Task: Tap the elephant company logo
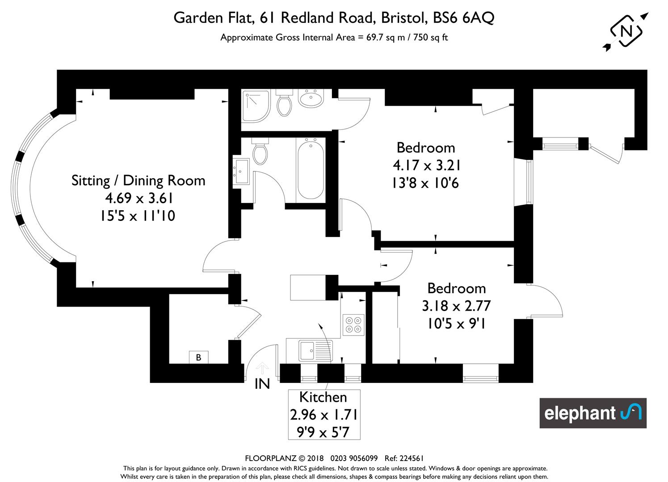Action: click(x=593, y=413)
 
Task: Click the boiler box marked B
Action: click(x=198, y=357)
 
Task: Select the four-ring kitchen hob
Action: click(x=353, y=325)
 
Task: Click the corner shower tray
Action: click(x=256, y=106)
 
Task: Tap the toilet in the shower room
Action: click(x=284, y=103)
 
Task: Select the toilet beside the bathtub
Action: click(x=260, y=151)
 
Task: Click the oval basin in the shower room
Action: click(x=311, y=98)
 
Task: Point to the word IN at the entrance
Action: click(x=262, y=384)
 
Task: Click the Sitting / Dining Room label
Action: click(x=139, y=180)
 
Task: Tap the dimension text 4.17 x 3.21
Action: click(x=426, y=165)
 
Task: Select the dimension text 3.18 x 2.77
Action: click(x=456, y=306)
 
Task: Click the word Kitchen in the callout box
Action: click(x=323, y=397)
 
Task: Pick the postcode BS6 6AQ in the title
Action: click(x=463, y=17)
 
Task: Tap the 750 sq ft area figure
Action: click(x=430, y=37)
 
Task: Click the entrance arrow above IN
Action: click(x=262, y=368)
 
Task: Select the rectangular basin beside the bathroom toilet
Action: click(x=241, y=171)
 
